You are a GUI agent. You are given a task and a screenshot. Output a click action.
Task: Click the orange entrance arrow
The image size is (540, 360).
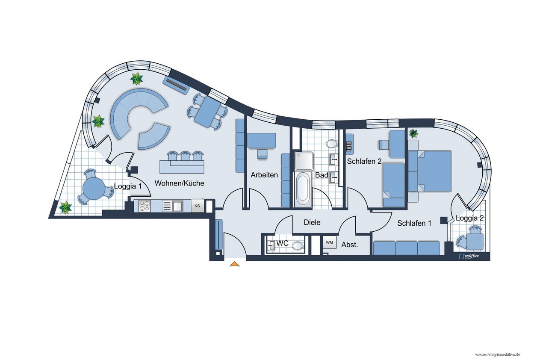pyautogui.click(x=234, y=264)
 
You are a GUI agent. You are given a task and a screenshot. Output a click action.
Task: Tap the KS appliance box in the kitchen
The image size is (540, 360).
pyautogui.click(x=198, y=206)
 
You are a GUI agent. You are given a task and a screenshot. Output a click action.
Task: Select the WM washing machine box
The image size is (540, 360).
pyautogui.click(x=329, y=242)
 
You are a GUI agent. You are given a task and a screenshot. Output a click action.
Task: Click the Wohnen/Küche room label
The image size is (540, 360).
pyautogui.click(x=179, y=183)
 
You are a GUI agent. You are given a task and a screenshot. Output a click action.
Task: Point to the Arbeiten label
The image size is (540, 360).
pyautogui.click(x=264, y=174)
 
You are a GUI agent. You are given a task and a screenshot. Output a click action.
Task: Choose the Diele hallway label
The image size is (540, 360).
pyautogui.click(x=312, y=222)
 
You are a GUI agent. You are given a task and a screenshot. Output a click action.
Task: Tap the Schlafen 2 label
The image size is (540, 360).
pyautogui.click(x=364, y=161)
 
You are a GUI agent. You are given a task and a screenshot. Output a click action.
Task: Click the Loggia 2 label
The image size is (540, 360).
pyautogui.click(x=469, y=218)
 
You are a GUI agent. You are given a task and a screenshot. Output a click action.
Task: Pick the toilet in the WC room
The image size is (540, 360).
pyautogui.click(x=298, y=246)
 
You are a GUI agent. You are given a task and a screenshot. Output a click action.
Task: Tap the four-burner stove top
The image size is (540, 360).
pyautogui.click(x=145, y=206)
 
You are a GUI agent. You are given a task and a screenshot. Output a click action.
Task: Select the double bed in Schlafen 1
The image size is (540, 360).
pyautogui.click(x=430, y=171)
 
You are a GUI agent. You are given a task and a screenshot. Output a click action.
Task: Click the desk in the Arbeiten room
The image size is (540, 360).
pyautogui.click(x=262, y=141)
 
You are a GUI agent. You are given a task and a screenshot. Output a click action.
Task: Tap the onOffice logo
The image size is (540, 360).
pyautogui.click(x=468, y=256)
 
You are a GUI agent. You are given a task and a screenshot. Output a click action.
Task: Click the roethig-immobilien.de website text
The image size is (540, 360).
pyautogui.click(x=498, y=354)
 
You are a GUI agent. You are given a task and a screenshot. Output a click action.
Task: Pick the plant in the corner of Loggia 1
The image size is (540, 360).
pyautogui.click(x=65, y=208)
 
